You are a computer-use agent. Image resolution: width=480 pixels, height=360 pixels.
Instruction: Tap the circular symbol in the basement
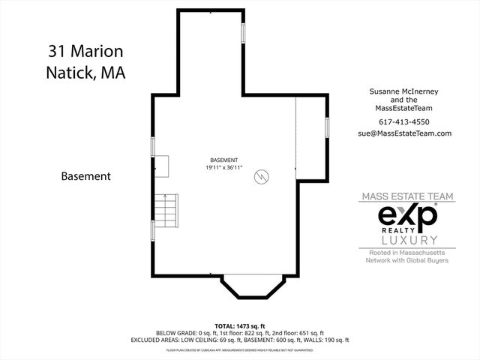(262, 177)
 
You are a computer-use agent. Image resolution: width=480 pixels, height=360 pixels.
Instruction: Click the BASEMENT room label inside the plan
(223, 160)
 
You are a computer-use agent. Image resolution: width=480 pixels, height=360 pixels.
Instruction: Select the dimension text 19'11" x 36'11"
(224, 168)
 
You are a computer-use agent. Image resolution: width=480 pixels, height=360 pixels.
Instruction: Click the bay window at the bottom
(253, 288)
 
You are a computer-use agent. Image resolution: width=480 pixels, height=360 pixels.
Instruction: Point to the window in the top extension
(242, 34)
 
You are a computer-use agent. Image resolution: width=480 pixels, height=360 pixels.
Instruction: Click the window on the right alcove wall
(326, 127)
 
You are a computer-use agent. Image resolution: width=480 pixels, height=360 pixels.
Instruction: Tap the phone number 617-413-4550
(405, 121)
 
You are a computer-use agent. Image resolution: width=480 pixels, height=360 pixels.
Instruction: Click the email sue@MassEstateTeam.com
(405, 133)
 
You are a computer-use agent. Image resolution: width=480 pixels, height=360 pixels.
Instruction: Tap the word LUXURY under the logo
(409, 240)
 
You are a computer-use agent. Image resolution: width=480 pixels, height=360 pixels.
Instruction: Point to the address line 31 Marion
(84, 51)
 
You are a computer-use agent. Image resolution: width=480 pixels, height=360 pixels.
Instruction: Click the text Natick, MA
(85, 73)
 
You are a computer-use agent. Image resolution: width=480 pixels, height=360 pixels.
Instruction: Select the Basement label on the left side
(85, 177)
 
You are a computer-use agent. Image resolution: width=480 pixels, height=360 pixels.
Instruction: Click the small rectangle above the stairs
(163, 166)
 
